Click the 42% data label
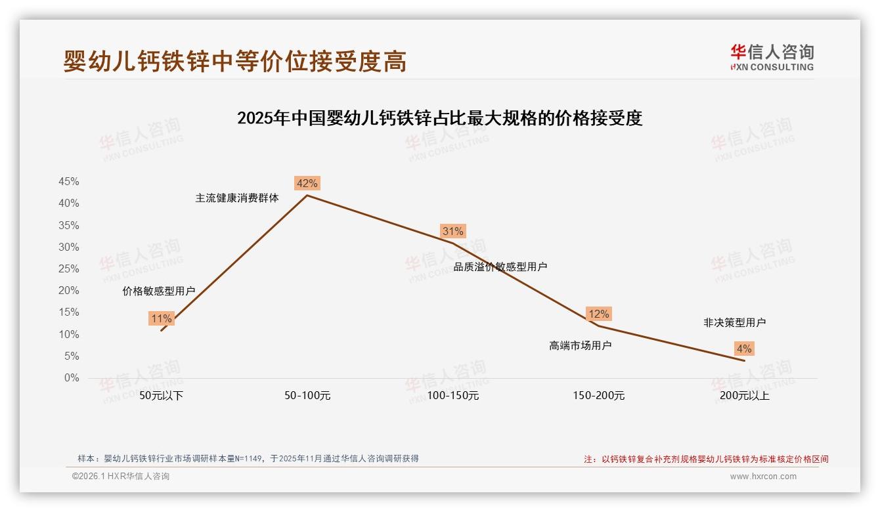(x=307, y=183)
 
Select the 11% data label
(x=162, y=319)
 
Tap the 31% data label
(x=453, y=231)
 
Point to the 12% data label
(x=599, y=314)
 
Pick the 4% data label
(x=744, y=349)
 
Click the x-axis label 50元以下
(x=162, y=396)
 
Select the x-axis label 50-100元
(x=307, y=396)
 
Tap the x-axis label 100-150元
(x=453, y=396)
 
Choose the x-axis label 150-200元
(x=599, y=396)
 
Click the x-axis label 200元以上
(x=745, y=396)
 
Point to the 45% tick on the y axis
(x=69, y=182)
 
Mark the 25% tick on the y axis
(x=69, y=269)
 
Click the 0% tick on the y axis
(x=72, y=378)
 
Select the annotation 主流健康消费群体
(x=237, y=198)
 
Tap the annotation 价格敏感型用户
(x=159, y=291)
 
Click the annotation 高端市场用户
(x=581, y=345)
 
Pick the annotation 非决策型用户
(x=735, y=322)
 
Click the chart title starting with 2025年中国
(x=439, y=119)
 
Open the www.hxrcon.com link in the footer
(x=763, y=477)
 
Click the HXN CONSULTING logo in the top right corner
(x=772, y=57)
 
